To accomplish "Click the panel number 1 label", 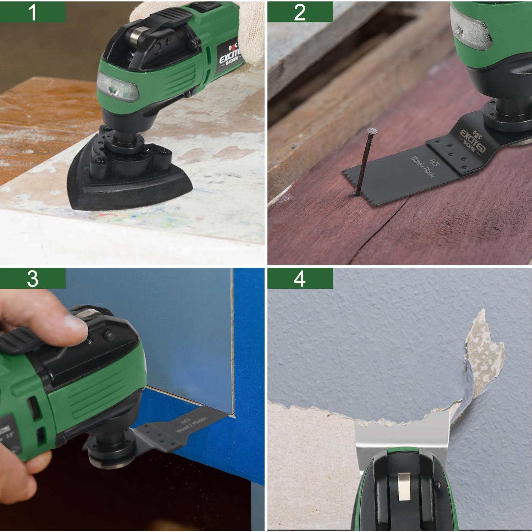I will point(32,11).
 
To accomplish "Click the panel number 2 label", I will point(300,11).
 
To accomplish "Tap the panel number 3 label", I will point(32,278).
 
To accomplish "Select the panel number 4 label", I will point(300,278).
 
